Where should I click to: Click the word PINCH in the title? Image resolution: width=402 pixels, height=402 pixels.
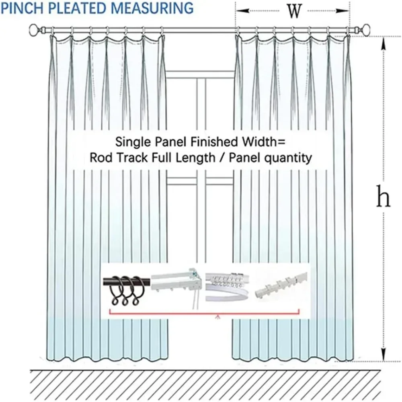pos(22,8)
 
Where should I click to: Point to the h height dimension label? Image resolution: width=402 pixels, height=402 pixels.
pos(383,197)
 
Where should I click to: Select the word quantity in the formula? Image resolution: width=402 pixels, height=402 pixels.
pos(288,158)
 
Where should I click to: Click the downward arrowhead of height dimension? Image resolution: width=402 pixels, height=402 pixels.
pos(383,354)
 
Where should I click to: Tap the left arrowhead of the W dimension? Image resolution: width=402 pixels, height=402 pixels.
pos(242,11)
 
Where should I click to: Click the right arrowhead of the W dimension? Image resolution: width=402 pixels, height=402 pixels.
pos(343,11)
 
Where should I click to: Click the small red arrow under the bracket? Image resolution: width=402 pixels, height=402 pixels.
pos(218,317)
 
